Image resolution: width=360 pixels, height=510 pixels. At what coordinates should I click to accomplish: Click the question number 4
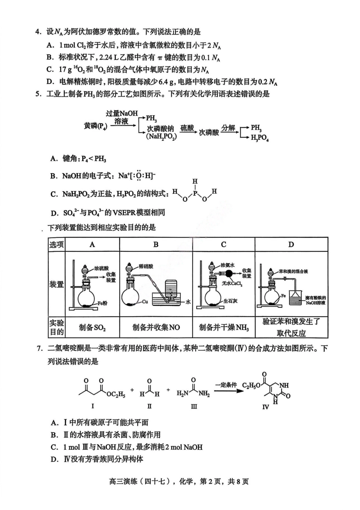click(x=37, y=32)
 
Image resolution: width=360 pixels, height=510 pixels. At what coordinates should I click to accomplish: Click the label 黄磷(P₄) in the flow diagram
click(x=95, y=126)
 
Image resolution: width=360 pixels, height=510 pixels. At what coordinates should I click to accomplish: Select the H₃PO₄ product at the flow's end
click(x=260, y=138)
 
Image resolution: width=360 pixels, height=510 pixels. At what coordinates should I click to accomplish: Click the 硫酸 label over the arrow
click(x=187, y=128)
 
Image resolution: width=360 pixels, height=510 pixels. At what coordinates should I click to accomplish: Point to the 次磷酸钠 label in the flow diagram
click(x=161, y=129)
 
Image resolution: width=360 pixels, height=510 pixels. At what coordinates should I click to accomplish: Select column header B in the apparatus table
click(x=156, y=245)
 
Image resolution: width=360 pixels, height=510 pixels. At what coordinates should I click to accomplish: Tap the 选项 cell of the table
click(x=56, y=245)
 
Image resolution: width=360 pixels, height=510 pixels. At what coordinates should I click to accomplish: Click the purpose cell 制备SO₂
click(x=92, y=328)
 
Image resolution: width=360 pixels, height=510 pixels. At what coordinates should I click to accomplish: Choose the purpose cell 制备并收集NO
click(x=156, y=328)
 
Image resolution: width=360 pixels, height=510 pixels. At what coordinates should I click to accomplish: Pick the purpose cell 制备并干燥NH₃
click(x=224, y=328)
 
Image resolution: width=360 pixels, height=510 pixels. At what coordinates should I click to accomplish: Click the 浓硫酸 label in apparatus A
click(x=102, y=268)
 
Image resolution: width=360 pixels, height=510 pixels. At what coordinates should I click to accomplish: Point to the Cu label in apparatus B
click(x=145, y=302)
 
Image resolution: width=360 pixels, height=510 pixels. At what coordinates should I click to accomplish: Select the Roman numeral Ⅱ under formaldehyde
click(x=149, y=406)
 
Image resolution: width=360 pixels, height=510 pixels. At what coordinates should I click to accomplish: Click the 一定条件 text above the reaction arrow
click(x=226, y=385)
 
